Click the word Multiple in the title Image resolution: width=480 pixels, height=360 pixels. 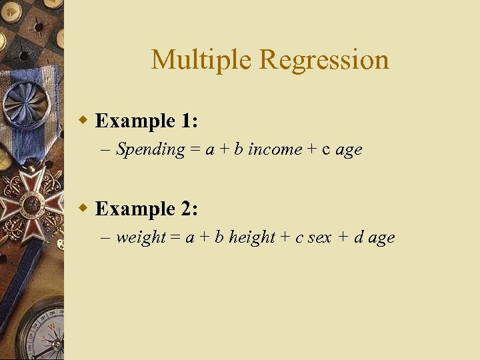pyautogui.click(x=201, y=60)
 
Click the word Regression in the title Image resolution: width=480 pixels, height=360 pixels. pyautogui.click(x=323, y=60)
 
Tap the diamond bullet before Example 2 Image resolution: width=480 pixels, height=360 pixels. pyautogui.click(x=83, y=209)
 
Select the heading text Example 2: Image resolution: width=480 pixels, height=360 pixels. pyautogui.click(x=146, y=209)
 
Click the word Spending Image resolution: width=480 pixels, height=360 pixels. pyautogui.click(x=150, y=150)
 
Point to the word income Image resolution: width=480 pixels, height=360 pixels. pyautogui.click(x=275, y=149)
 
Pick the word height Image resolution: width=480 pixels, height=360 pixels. pyautogui.click(x=252, y=238)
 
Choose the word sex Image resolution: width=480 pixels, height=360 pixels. pyautogui.click(x=319, y=238)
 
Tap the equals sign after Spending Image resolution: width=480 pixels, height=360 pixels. pyautogui.click(x=195, y=150)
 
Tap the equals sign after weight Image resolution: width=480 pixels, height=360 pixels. pyautogui.click(x=175, y=238)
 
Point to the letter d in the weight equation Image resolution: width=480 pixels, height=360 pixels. pyautogui.click(x=358, y=237)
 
